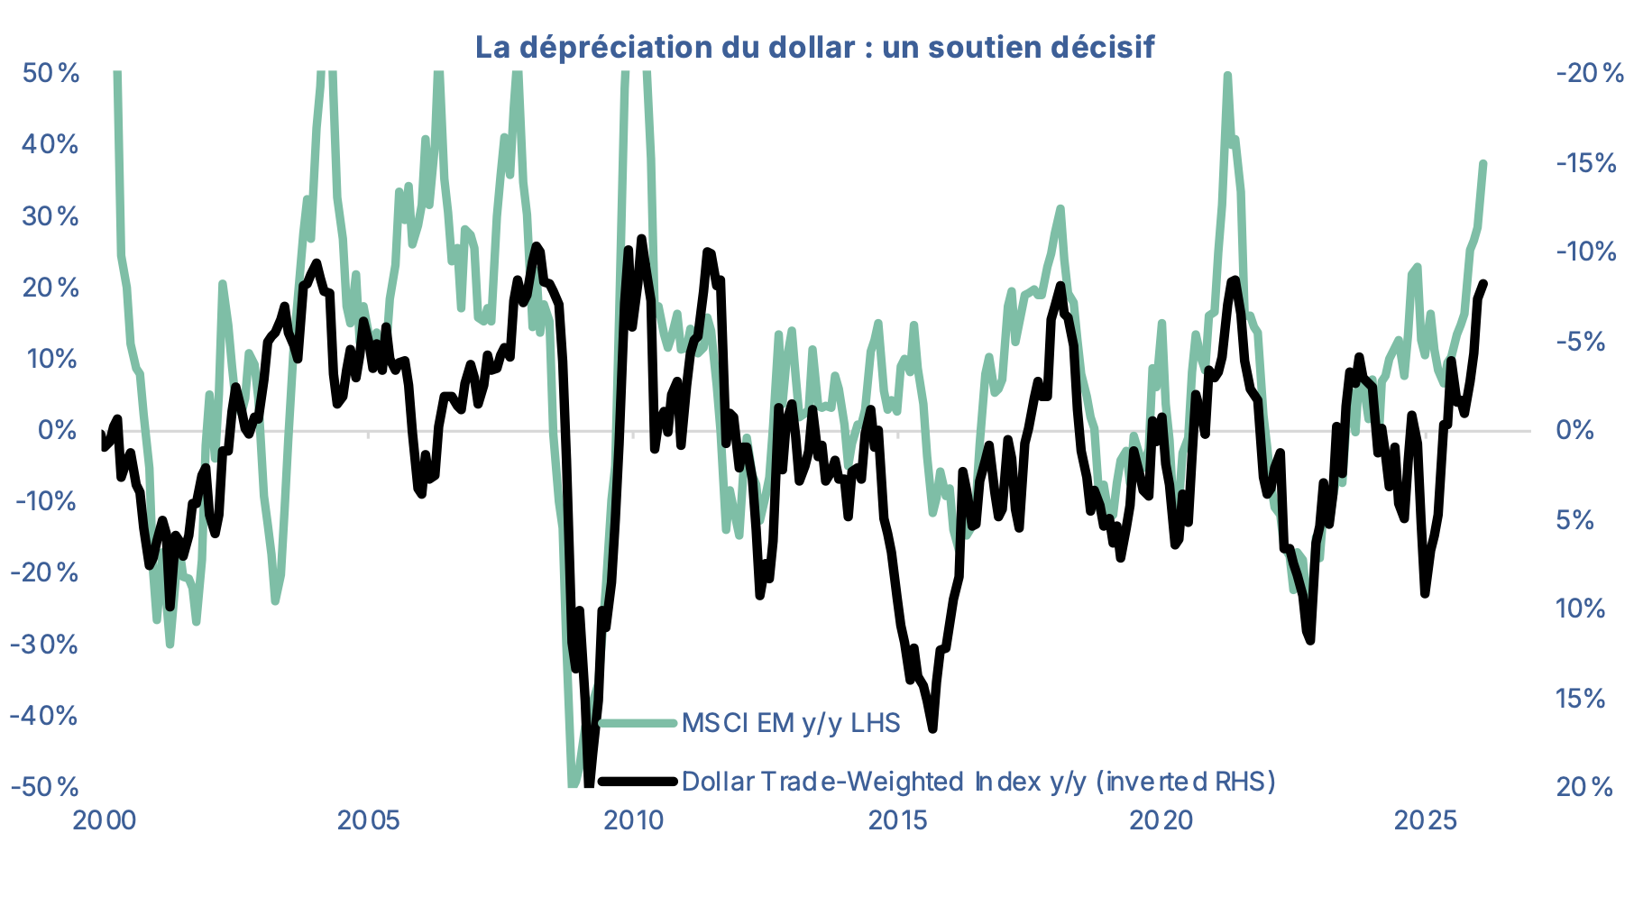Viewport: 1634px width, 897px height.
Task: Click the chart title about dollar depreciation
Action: tap(814, 47)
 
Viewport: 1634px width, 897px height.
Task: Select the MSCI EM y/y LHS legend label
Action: tap(790, 723)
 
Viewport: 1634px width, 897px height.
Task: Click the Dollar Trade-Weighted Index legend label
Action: tap(978, 781)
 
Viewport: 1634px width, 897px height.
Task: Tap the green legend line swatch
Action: tap(637, 723)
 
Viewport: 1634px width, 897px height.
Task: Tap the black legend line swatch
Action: tap(637, 781)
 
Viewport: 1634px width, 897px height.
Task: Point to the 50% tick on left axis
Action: tap(50, 73)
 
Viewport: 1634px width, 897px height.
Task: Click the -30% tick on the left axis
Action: tap(45, 645)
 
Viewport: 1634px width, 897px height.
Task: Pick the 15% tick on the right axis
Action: tap(1580, 699)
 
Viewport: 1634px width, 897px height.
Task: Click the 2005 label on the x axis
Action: tap(368, 820)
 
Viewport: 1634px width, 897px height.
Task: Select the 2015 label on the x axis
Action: tap(898, 820)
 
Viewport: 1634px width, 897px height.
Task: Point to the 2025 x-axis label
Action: tap(1426, 820)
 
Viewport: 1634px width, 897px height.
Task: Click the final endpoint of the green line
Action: tap(1483, 163)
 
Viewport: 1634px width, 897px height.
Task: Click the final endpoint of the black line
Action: tap(1484, 283)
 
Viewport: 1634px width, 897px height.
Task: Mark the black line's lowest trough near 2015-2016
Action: tap(932, 728)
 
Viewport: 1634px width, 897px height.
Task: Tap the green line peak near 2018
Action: tap(1060, 208)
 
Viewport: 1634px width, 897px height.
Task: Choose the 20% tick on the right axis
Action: tap(1584, 788)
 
